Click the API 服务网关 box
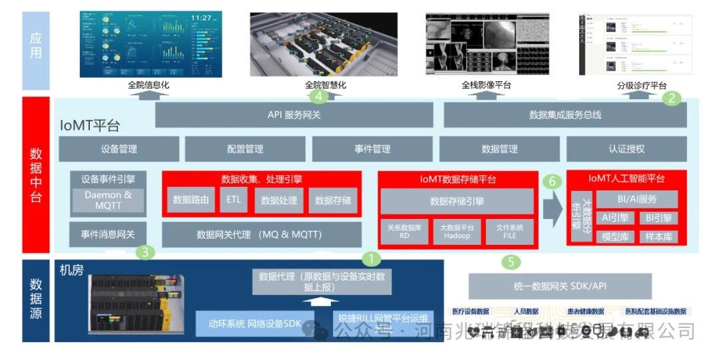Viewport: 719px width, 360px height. tap(294, 114)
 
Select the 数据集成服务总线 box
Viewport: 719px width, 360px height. tap(565, 114)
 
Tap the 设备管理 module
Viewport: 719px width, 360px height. tap(119, 149)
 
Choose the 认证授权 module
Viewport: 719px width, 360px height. tap(626, 149)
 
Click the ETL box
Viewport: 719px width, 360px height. tap(234, 200)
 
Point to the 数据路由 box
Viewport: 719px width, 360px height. tap(191, 200)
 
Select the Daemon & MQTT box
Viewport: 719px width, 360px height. tap(108, 200)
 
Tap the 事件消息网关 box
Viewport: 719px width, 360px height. tap(108, 234)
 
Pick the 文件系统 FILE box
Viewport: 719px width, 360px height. tap(509, 232)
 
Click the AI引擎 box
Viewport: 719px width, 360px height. tap(615, 218)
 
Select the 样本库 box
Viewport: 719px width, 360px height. tap(658, 236)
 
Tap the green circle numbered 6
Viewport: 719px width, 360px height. tap(550, 181)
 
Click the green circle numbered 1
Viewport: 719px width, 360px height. tap(371, 259)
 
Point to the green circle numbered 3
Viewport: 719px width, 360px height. tap(146, 252)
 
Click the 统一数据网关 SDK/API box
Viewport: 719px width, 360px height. tap(560, 286)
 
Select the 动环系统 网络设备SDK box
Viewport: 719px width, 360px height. tap(256, 324)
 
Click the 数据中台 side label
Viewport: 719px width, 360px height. tap(36, 175)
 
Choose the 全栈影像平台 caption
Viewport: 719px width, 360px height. tap(486, 86)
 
